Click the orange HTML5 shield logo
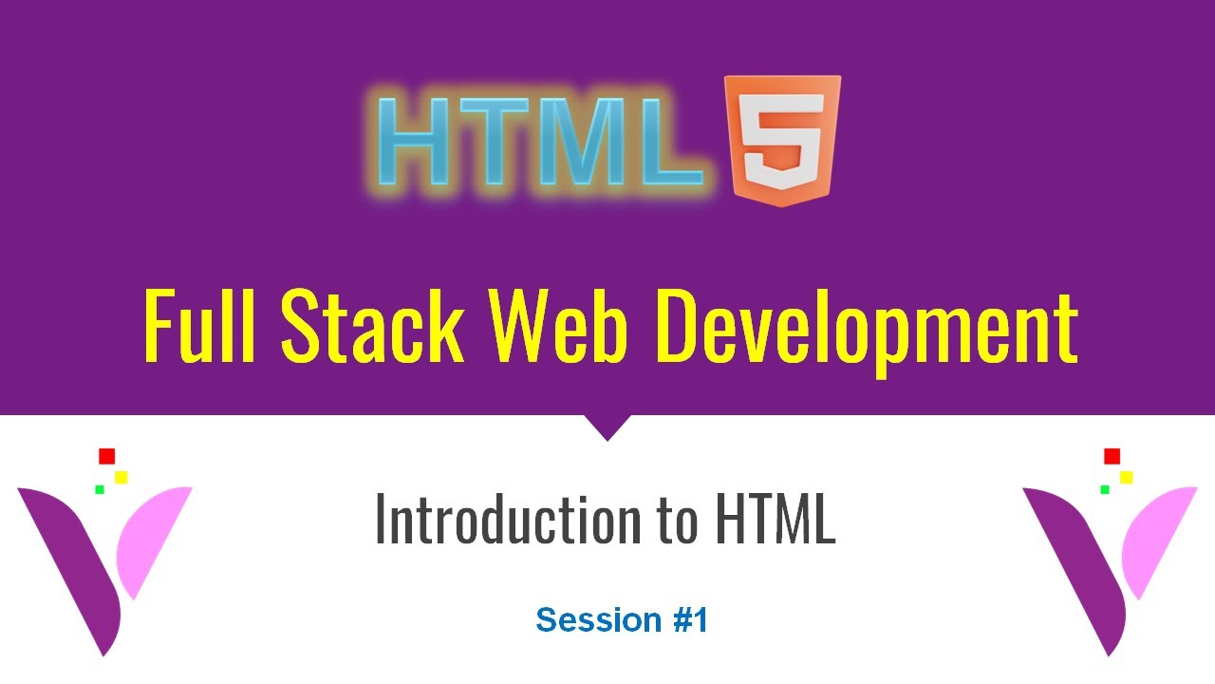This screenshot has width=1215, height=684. tap(782, 141)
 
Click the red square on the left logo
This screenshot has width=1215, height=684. tap(106, 456)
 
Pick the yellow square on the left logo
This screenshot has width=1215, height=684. tap(121, 477)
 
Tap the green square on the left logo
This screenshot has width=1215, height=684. tap(99, 489)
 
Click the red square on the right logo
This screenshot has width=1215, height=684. tap(1112, 456)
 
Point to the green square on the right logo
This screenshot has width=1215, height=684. tap(1105, 489)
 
